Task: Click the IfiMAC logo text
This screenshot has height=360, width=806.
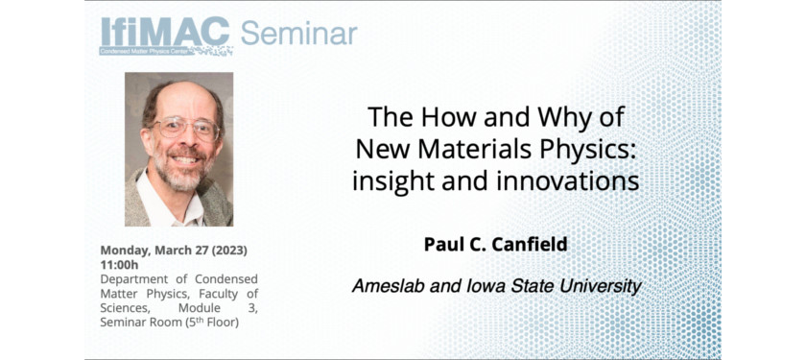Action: (165, 32)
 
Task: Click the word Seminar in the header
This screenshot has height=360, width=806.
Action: (298, 34)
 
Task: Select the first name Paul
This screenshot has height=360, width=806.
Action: (440, 245)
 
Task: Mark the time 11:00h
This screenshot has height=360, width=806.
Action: (119, 265)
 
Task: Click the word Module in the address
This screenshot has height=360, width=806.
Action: (196, 309)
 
